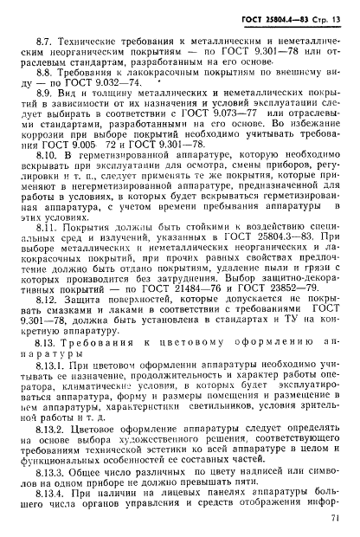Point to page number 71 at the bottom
click(338, 519)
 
